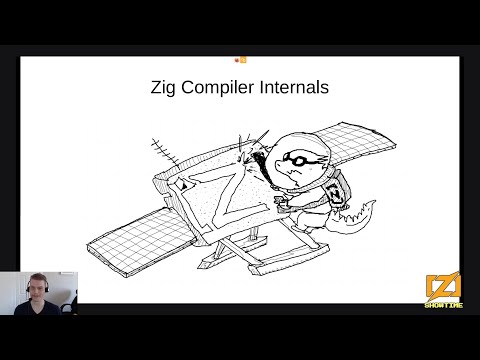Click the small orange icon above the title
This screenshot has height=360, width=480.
coord(240,60)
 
